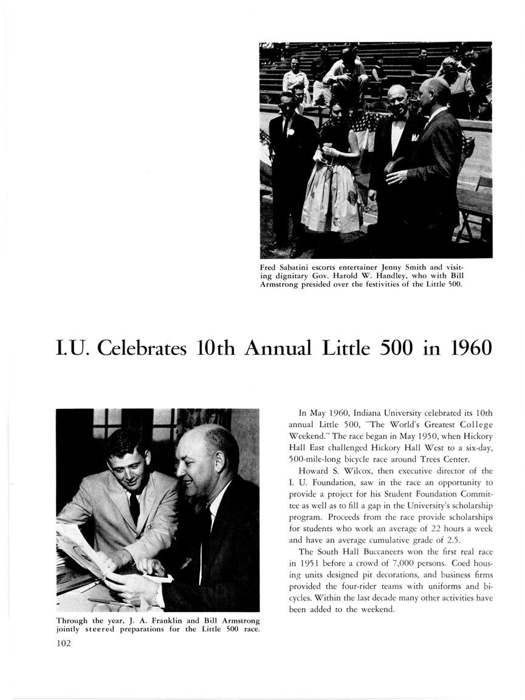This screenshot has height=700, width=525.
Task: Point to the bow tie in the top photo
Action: (398, 118)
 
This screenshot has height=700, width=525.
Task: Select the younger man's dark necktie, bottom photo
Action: (134, 507)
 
